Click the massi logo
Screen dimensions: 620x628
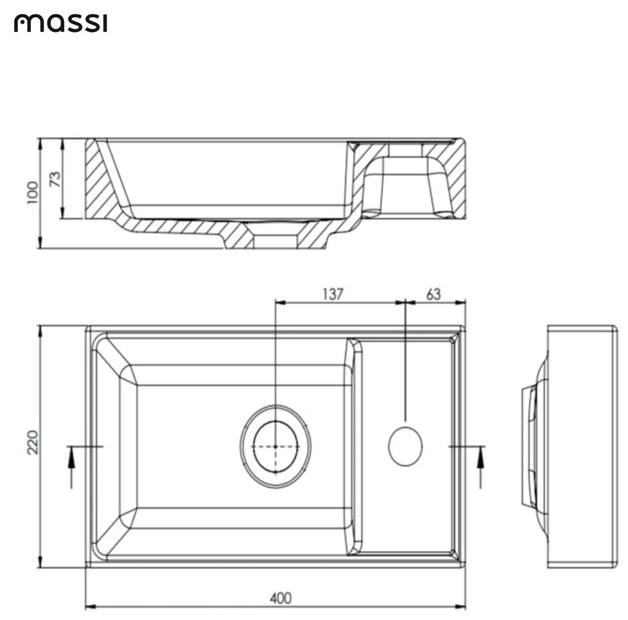[x=60, y=24]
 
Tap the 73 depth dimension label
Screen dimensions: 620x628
[x=55, y=178]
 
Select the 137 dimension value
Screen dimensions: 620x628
[x=332, y=294]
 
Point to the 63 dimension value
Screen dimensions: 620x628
[x=433, y=294]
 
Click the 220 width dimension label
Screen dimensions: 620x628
[x=33, y=442]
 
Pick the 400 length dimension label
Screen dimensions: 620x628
[x=280, y=597]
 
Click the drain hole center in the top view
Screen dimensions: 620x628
[x=275, y=446]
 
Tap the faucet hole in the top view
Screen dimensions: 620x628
[x=405, y=446]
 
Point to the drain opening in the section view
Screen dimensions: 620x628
[x=275, y=240]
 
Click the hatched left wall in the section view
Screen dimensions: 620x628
[x=99, y=178]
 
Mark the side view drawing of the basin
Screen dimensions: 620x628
[x=579, y=446]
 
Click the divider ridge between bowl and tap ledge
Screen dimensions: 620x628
[x=355, y=446]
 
